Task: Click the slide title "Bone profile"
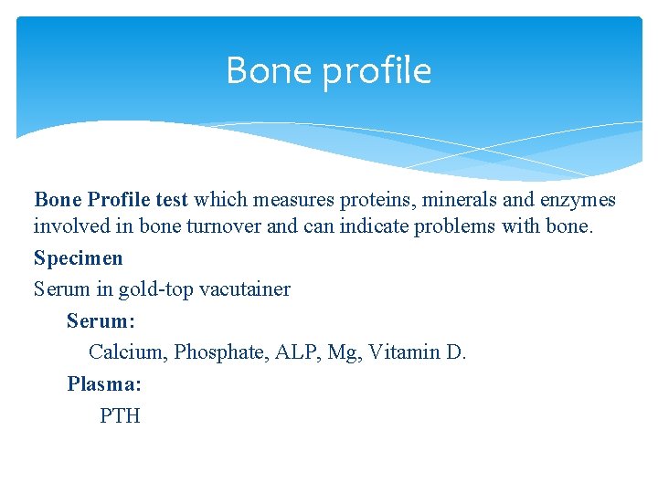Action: [x=328, y=70]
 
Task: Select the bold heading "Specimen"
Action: [x=78, y=258]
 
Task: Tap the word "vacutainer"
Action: [x=244, y=289]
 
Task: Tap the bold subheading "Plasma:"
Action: [x=103, y=384]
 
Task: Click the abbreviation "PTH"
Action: [x=120, y=416]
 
